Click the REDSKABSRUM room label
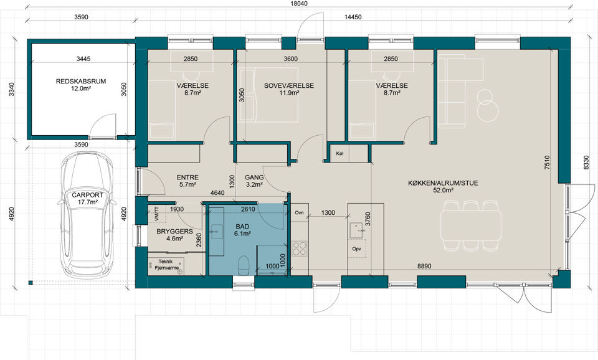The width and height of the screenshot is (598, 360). coord(81,81)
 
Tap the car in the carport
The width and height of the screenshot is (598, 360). coord(88,216)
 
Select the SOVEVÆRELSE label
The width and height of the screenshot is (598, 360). coord(288,86)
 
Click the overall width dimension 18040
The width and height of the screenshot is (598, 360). coord(299,4)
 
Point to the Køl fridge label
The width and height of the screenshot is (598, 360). coord(340,154)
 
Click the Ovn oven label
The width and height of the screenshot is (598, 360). coord(299,212)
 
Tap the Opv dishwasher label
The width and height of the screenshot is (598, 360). coord(356,249)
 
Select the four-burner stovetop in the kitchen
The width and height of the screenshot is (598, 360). coord(299,249)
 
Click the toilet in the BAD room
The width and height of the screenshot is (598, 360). coord(244,265)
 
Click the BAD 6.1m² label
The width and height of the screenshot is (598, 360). coord(242,230)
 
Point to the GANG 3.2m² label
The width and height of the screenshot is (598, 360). coord(254,181)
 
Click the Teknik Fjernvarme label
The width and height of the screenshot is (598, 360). coord(167,265)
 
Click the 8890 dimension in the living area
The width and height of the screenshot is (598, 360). coord(424,266)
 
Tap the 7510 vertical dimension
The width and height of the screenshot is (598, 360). coord(547,162)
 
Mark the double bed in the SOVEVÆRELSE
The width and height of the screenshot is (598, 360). coord(268,95)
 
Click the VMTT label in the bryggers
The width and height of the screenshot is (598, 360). coord(157,214)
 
